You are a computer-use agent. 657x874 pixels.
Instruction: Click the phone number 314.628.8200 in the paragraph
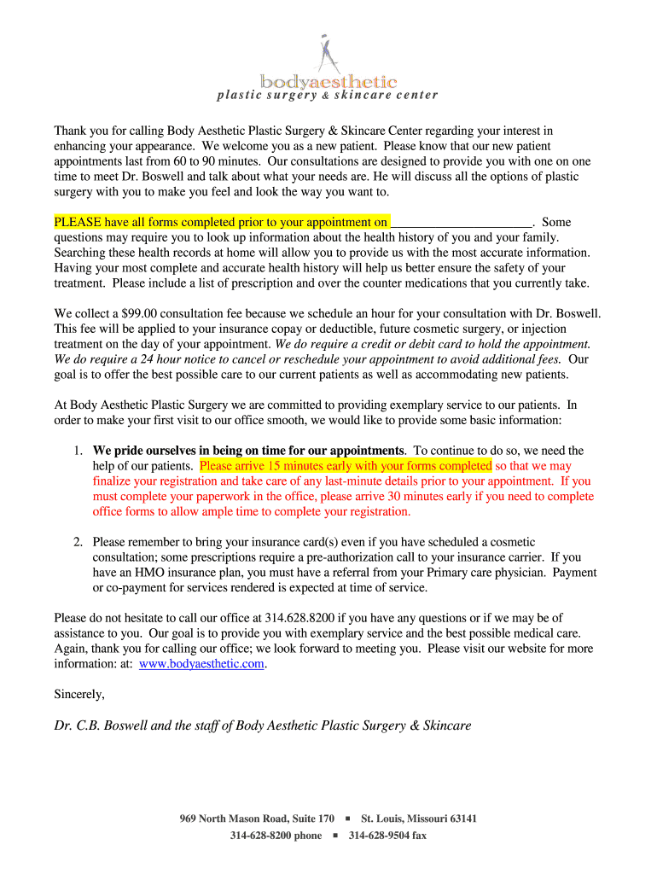pos(300,618)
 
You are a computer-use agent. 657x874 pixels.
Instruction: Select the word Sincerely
pos(79,695)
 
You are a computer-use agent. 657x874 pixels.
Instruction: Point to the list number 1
pos(77,451)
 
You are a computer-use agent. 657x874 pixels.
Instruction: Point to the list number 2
pos(77,542)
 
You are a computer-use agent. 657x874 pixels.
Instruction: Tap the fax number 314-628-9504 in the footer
pos(380,836)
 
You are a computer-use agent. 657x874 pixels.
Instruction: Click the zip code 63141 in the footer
pos(462,819)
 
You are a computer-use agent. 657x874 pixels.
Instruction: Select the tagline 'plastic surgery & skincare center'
pos(328,95)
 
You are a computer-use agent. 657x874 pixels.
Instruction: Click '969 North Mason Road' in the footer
pos(228,819)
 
